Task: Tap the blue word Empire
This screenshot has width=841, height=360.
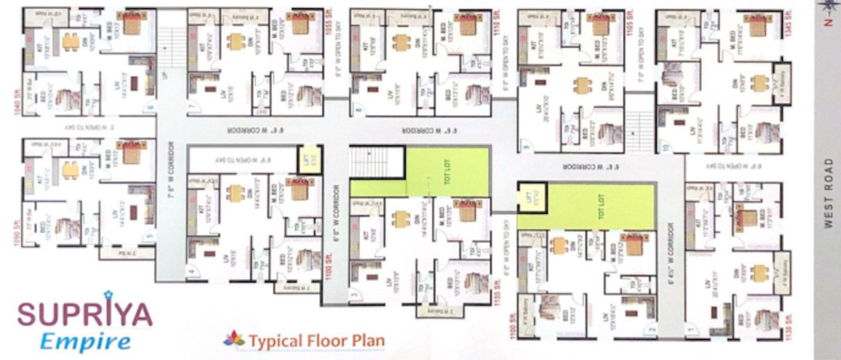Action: (x=85, y=341)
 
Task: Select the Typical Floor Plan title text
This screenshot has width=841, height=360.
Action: (x=317, y=341)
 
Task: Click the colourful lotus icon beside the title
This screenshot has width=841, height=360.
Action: (x=235, y=339)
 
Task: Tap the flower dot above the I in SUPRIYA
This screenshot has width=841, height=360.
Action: (x=108, y=298)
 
